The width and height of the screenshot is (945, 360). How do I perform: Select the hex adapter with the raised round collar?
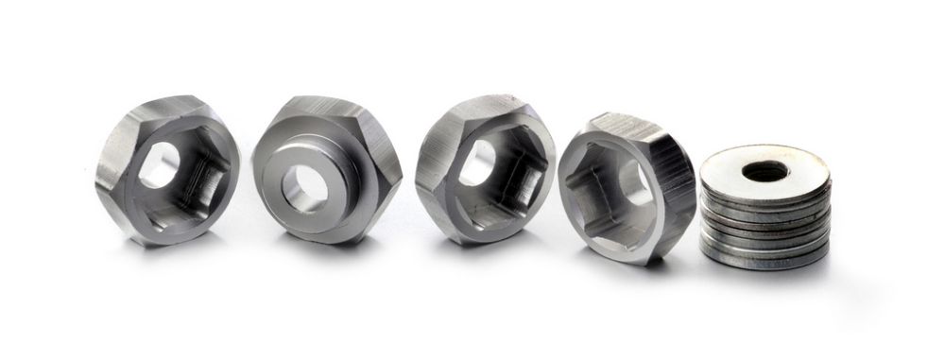pyautogui.click(x=326, y=170)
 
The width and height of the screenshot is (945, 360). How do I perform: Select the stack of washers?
pyautogui.click(x=765, y=208)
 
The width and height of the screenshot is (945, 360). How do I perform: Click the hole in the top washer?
pyautogui.click(x=765, y=171)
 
